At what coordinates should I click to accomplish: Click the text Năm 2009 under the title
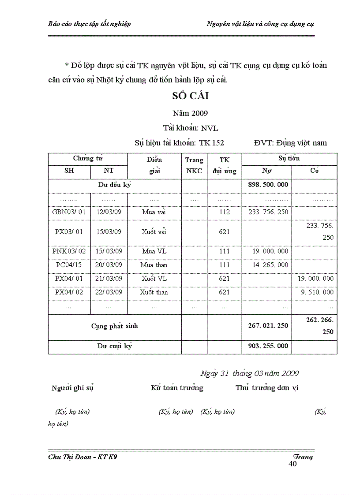[x=190, y=113]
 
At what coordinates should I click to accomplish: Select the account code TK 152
[x=211, y=143]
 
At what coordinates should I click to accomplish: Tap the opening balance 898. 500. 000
[x=267, y=185]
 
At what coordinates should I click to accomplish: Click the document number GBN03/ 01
[x=69, y=212]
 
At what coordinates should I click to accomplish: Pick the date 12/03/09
[x=109, y=212]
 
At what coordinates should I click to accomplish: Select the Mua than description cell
[x=154, y=265]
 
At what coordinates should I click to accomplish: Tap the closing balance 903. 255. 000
[x=267, y=346]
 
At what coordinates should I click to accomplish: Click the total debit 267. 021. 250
[x=267, y=326]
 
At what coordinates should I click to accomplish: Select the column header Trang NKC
[x=194, y=165]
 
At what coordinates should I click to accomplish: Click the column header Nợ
[x=266, y=171]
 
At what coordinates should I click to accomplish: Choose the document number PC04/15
[x=69, y=265]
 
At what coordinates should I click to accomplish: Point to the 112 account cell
[x=224, y=212]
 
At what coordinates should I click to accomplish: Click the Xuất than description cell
[x=154, y=292]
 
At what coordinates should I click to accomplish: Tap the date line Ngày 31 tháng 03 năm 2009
[x=249, y=373]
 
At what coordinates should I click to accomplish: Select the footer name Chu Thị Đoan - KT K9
[x=82, y=457]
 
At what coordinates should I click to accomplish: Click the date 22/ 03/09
[x=109, y=292]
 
